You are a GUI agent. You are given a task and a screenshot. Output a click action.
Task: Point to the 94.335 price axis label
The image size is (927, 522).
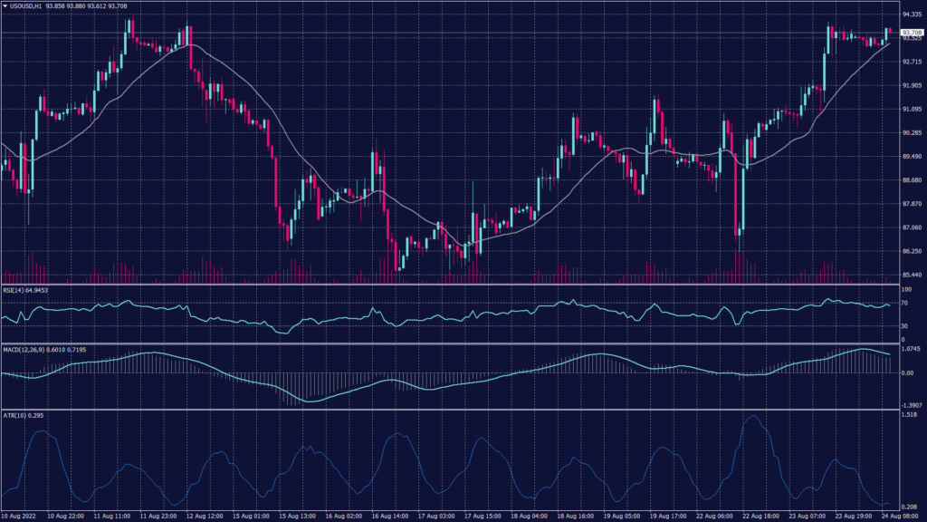pos(911,14)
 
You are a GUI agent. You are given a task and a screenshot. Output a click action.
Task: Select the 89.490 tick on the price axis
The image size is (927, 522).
pos(911,157)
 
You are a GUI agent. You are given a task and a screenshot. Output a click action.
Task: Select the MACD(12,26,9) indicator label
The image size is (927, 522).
pos(24,349)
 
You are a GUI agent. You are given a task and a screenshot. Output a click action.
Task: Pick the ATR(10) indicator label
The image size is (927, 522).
pos(15,414)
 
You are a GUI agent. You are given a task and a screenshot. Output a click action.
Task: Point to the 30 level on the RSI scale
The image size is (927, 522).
pos(904,325)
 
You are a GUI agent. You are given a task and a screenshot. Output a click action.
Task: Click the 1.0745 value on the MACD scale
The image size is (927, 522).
pos(911,349)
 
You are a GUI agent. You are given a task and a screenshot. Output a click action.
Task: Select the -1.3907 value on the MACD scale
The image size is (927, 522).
pos(911,405)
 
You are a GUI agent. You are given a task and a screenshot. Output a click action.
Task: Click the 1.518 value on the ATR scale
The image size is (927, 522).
pos(909,414)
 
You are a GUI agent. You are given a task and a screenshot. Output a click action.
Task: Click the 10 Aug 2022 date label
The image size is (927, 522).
pos(19,516)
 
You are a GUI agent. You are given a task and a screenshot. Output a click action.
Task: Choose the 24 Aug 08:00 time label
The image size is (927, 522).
pos(900,516)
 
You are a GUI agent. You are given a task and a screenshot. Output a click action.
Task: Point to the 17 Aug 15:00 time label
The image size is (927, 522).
pos(484,516)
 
